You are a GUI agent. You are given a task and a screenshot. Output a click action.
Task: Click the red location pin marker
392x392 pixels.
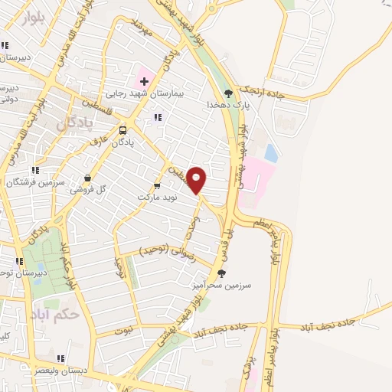tap(198, 179)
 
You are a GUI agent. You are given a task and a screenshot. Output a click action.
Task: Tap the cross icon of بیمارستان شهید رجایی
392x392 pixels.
tap(144, 80)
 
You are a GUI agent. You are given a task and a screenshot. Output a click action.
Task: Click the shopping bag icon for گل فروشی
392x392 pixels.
tap(88, 178)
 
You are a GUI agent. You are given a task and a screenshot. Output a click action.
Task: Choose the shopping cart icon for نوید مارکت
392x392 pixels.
tap(157, 185)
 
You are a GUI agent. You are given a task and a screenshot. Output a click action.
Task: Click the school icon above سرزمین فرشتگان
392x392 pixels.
tap(34, 171)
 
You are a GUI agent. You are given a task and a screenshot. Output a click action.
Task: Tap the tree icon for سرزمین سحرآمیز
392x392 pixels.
tap(221, 272)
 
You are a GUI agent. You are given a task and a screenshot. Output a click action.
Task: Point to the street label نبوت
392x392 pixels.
tap(124, 331)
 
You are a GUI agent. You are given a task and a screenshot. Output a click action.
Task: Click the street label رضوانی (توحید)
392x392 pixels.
tap(167, 253)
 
